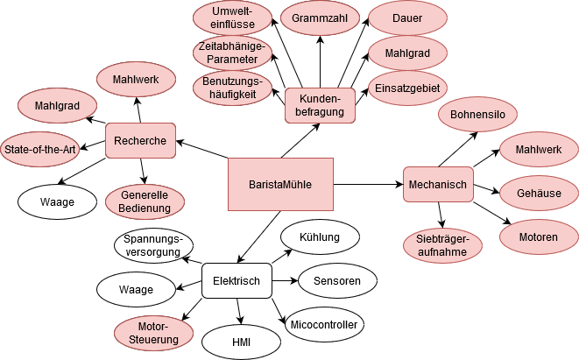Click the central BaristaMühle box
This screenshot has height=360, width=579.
(280, 184)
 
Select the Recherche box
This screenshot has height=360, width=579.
(140, 140)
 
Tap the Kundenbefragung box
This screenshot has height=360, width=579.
(320, 105)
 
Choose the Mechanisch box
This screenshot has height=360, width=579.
(438, 184)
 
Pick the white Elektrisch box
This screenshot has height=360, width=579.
(237, 280)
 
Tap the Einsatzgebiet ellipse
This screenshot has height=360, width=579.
(408, 88)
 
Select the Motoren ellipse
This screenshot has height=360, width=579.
(537, 237)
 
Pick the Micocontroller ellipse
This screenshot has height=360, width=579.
(326, 325)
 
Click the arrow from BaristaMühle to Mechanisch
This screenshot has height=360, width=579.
(368, 184)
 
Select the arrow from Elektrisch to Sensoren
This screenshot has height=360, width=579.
(284, 280)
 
